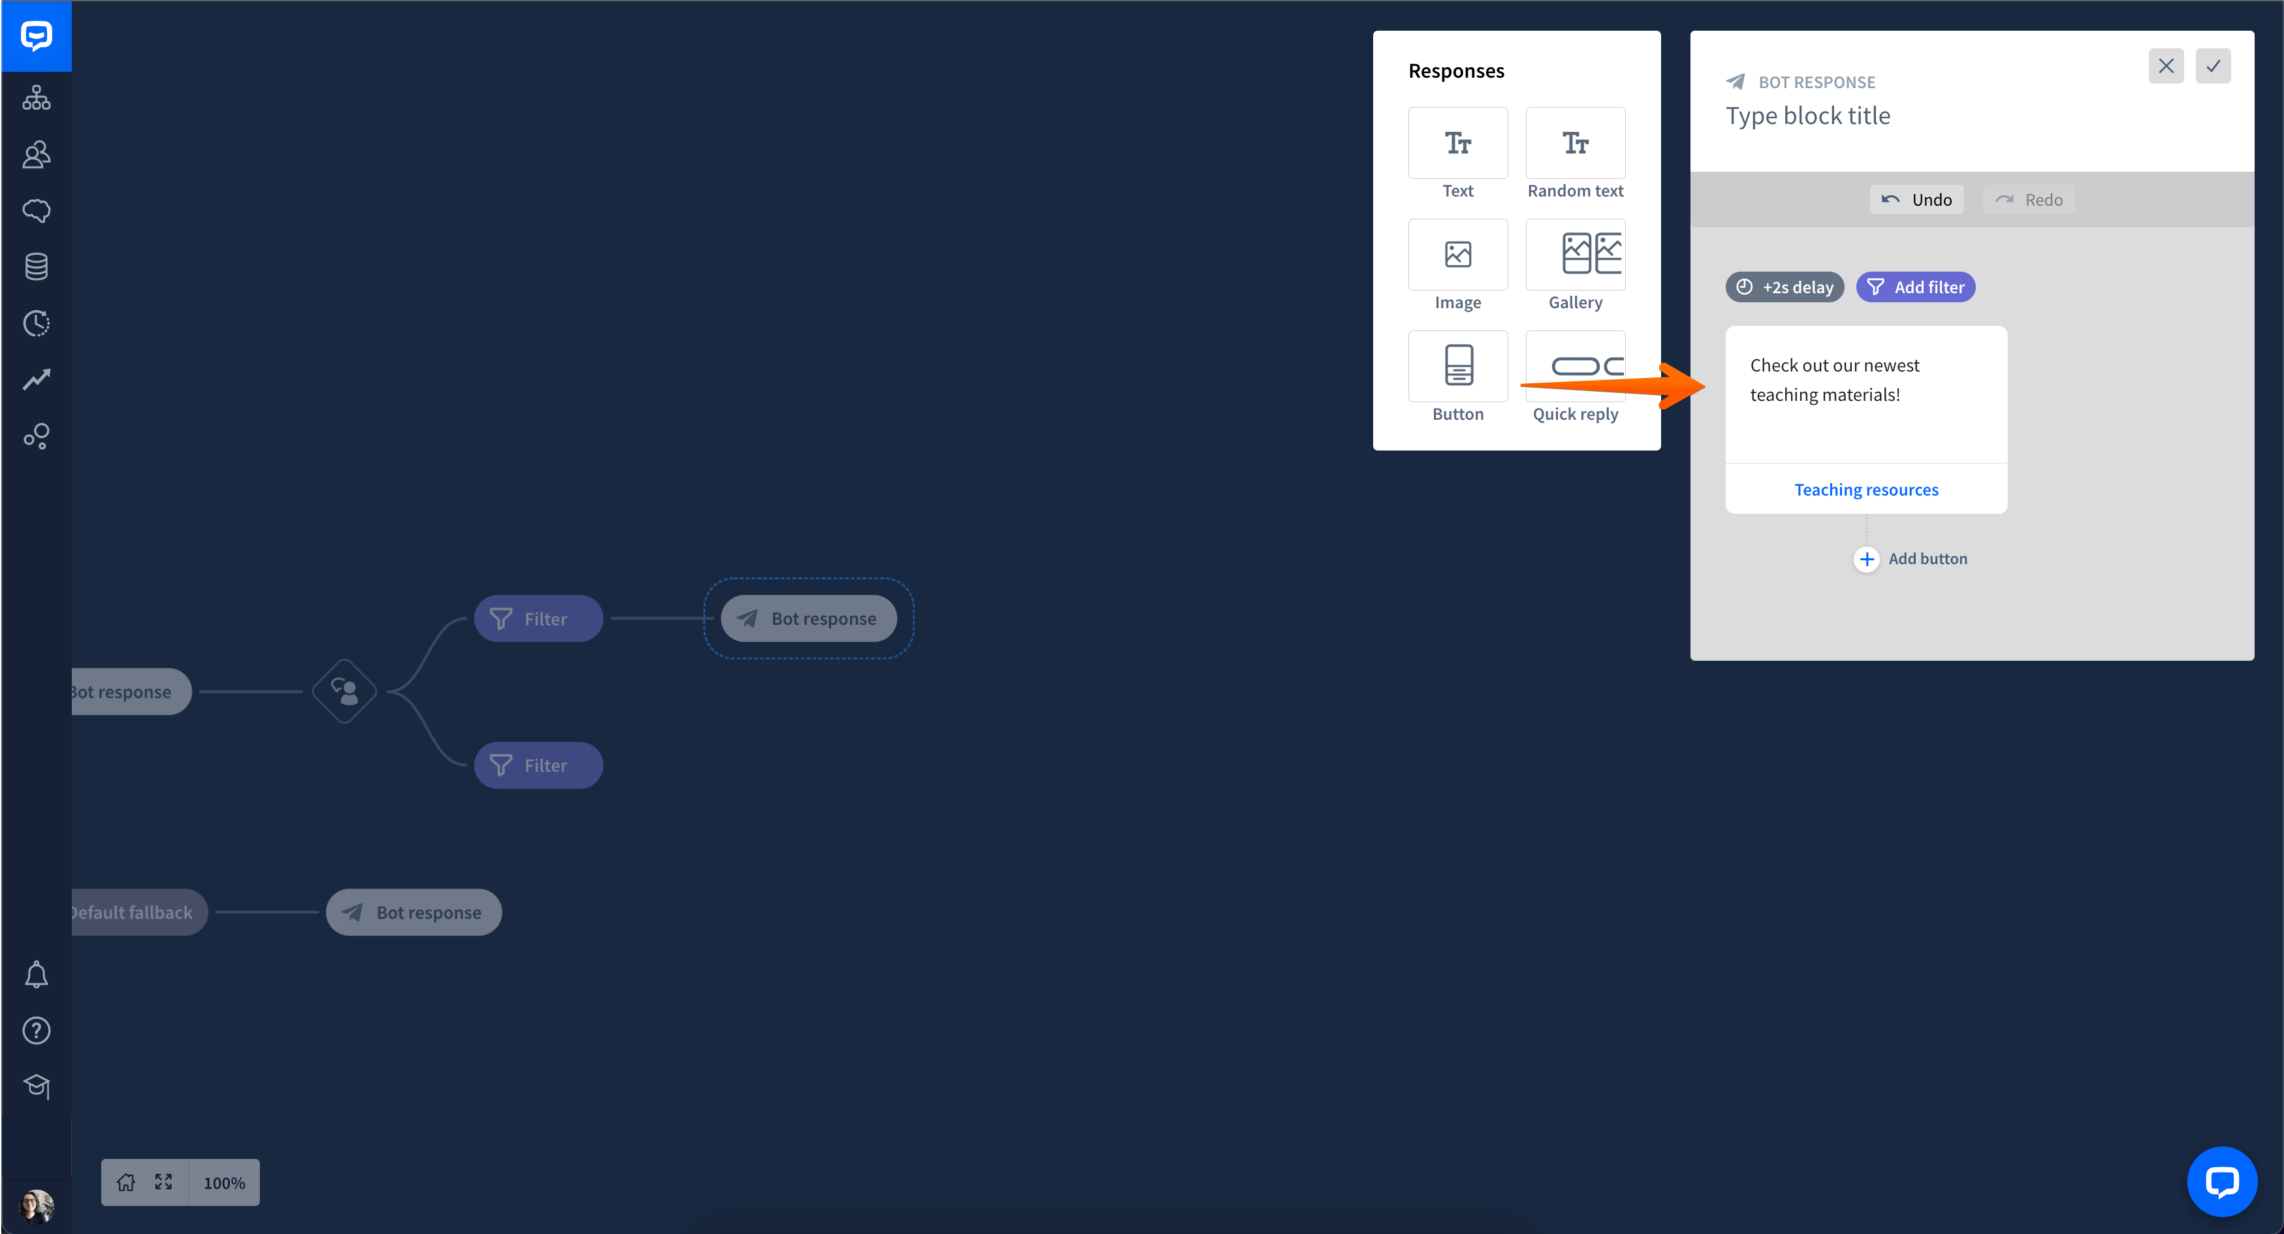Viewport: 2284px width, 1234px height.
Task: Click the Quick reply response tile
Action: click(x=1575, y=366)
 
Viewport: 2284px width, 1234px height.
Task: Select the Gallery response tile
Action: click(x=1575, y=255)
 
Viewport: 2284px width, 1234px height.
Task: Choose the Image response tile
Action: click(x=1457, y=255)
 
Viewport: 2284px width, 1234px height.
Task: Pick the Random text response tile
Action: click(x=1575, y=143)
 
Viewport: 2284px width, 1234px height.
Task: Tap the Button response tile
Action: click(x=1457, y=366)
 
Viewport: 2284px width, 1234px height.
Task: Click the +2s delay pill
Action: click(x=1784, y=287)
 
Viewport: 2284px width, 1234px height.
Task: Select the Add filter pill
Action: click(x=1915, y=287)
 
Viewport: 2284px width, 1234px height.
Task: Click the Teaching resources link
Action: click(x=1865, y=489)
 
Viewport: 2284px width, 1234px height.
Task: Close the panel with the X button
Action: click(x=2165, y=65)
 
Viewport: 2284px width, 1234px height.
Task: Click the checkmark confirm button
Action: click(x=2212, y=65)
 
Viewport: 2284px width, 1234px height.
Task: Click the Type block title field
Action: click(x=1808, y=116)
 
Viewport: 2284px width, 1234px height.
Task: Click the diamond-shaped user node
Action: click(x=344, y=691)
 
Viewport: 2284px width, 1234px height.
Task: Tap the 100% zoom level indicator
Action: click(x=223, y=1182)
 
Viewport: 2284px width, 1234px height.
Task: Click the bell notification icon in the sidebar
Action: click(x=37, y=974)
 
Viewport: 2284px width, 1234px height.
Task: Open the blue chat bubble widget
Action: click(x=2221, y=1182)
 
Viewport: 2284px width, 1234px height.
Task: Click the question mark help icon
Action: click(x=37, y=1031)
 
